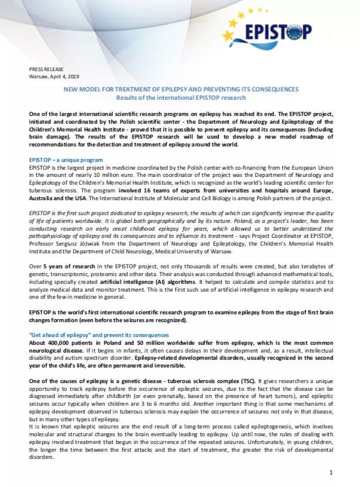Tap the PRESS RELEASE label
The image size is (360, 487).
point(47,69)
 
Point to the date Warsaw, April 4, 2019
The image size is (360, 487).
point(54,76)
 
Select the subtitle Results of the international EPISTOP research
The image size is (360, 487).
point(181,97)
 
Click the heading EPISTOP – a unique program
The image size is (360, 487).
point(66,160)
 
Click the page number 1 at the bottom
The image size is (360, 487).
point(331,473)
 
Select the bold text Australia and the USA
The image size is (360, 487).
point(57,198)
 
